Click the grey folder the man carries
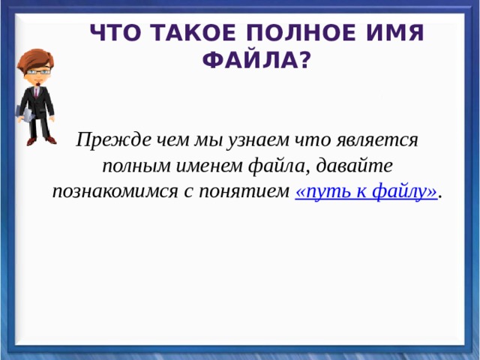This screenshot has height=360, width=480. click(23, 115)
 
